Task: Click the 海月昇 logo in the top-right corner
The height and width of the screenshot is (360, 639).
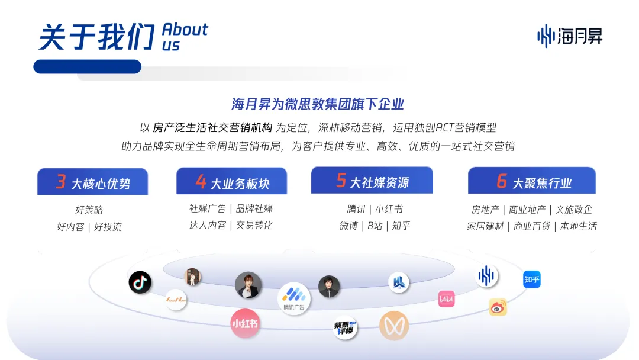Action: tap(569, 36)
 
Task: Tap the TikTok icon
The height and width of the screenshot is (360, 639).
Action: tap(140, 282)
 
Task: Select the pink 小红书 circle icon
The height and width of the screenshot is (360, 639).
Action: tap(246, 323)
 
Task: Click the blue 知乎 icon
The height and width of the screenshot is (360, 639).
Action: tap(532, 279)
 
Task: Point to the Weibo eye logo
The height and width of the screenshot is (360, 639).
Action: tap(498, 307)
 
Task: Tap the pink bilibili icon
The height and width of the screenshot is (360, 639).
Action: tap(446, 298)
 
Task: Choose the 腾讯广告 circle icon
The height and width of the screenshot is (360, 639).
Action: tap(293, 298)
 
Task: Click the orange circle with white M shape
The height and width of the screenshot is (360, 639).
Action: tap(394, 326)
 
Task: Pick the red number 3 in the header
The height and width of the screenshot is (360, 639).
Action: tap(60, 182)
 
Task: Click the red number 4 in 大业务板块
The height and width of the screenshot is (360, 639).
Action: tap(201, 182)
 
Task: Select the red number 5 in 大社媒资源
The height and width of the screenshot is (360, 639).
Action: tap(341, 180)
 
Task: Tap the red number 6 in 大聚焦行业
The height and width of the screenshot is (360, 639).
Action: tap(502, 181)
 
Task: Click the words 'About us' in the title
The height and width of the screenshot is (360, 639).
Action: tap(185, 37)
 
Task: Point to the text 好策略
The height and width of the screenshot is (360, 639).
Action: tap(89, 210)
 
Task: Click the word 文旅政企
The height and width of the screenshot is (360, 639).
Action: tap(573, 210)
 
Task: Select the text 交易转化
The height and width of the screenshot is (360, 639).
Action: tap(254, 225)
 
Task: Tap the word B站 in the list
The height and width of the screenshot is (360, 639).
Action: tap(375, 226)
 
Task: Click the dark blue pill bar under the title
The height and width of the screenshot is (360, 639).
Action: tap(87, 66)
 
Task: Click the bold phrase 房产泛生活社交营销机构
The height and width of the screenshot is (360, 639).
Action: tap(212, 127)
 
